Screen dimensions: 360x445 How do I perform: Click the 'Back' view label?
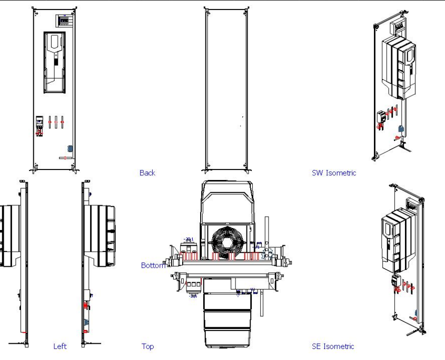147,173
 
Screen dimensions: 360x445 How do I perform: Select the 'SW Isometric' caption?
334,173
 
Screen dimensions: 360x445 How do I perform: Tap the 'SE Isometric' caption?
333,346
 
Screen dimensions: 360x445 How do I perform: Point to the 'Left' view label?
60,346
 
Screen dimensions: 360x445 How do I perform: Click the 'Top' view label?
147,346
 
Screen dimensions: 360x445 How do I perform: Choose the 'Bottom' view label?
153,265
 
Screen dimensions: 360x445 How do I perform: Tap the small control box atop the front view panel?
63,20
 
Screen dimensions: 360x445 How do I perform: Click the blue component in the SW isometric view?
401,128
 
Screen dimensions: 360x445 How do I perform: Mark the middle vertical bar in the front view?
56,122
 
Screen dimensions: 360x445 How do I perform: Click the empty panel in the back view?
225,89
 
